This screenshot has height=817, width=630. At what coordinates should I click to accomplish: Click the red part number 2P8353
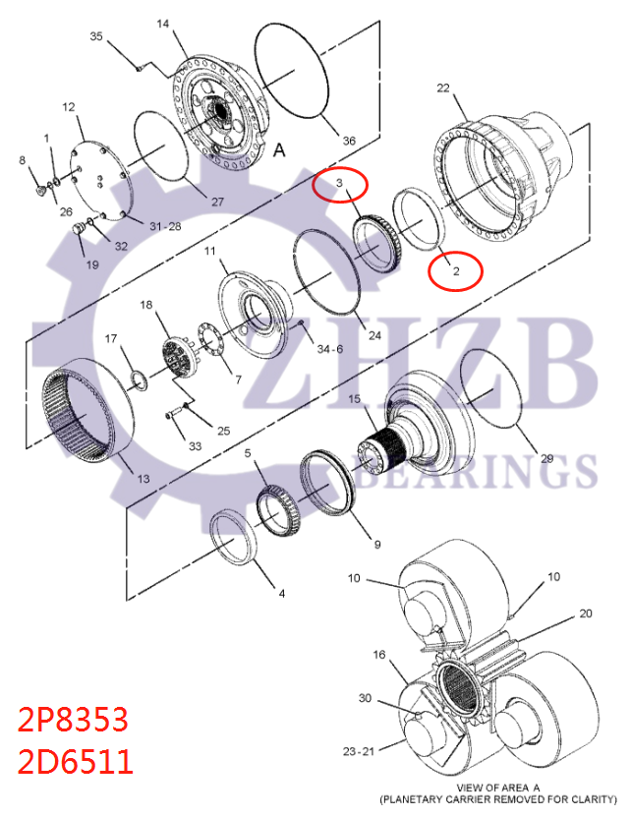73,722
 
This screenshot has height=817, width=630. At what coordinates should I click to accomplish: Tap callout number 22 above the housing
443,88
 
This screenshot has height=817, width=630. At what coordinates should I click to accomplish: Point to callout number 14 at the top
162,24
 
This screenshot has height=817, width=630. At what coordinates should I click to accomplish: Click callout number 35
96,36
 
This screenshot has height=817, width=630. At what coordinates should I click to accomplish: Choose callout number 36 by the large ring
348,141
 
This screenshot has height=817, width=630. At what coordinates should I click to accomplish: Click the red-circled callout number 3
339,183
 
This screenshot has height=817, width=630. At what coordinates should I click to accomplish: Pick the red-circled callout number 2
455,268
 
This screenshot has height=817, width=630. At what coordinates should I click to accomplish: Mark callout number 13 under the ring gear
143,479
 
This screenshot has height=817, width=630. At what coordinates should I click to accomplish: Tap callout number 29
547,458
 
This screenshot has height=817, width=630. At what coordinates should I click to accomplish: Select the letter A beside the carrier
278,151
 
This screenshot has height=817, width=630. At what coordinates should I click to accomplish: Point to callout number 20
586,613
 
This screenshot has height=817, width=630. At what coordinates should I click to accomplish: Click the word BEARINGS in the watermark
482,472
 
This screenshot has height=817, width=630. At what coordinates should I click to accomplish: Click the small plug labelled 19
80,233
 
